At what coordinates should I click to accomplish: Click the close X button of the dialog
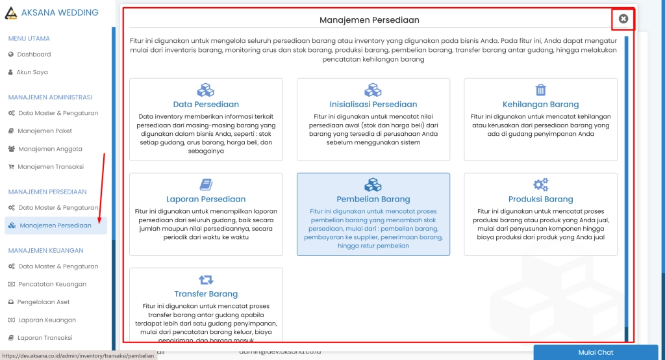[623, 19]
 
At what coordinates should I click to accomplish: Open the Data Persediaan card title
[206, 104]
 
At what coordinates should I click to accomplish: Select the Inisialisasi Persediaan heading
[373, 104]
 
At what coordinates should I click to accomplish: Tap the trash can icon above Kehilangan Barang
[540, 90]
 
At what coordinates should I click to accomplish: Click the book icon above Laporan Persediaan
[206, 185]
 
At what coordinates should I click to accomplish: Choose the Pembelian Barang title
[373, 199]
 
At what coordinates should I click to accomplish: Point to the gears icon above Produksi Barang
[540, 185]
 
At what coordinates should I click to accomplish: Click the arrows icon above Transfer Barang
[206, 279]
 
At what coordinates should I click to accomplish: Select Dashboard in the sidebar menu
[34, 55]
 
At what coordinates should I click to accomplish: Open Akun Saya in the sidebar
[32, 72]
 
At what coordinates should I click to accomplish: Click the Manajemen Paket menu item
[45, 131]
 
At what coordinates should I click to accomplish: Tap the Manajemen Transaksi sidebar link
[50, 167]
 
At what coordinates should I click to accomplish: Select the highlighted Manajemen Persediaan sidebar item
[55, 225]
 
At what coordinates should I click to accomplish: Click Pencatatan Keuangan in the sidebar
[52, 284]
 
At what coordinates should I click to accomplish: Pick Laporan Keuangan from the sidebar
[46, 320]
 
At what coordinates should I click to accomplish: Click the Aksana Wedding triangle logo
[11, 12]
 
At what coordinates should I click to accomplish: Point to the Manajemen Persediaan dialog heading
[369, 20]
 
